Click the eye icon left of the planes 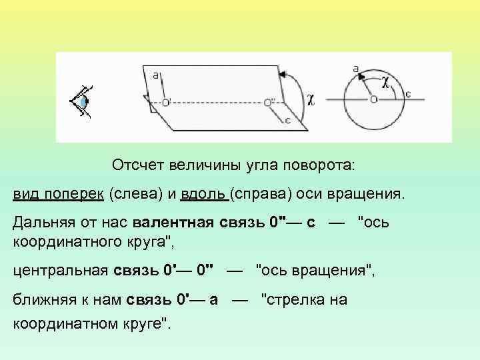[82, 101]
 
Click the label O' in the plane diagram [166, 102]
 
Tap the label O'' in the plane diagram [269, 102]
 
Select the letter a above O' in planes [155, 75]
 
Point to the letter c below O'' [287, 121]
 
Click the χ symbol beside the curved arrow [311, 99]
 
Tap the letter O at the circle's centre [373, 99]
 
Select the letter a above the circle [355, 67]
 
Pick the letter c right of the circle [408, 94]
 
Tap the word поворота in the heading [319, 164]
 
